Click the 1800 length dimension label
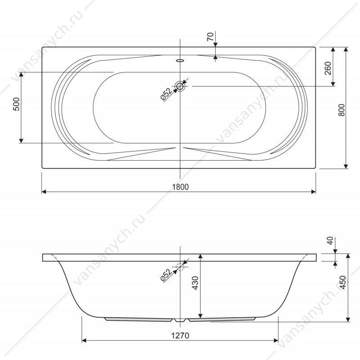(180, 187)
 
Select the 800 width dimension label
(342, 110)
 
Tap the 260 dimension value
(328, 68)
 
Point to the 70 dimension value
(210, 37)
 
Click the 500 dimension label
(17, 104)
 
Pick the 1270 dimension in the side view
(180, 336)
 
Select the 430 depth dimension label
(195, 283)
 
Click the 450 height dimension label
(342, 283)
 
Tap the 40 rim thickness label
(330, 241)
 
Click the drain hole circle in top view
(180, 86)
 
